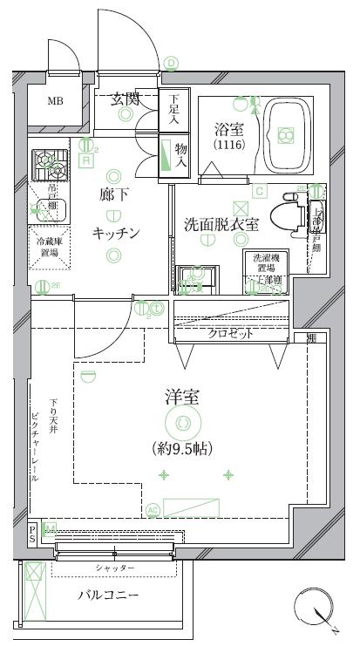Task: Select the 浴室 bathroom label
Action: click(x=229, y=129)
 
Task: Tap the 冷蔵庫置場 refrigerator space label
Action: click(x=48, y=247)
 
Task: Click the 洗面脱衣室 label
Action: click(x=221, y=223)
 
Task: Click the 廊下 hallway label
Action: click(x=113, y=194)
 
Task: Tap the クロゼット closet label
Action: click(x=230, y=333)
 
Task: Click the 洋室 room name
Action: click(x=183, y=398)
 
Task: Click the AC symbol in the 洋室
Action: click(x=153, y=510)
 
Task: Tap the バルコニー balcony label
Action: click(x=109, y=595)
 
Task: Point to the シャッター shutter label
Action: click(x=115, y=568)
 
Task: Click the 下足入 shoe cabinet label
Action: click(x=174, y=107)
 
